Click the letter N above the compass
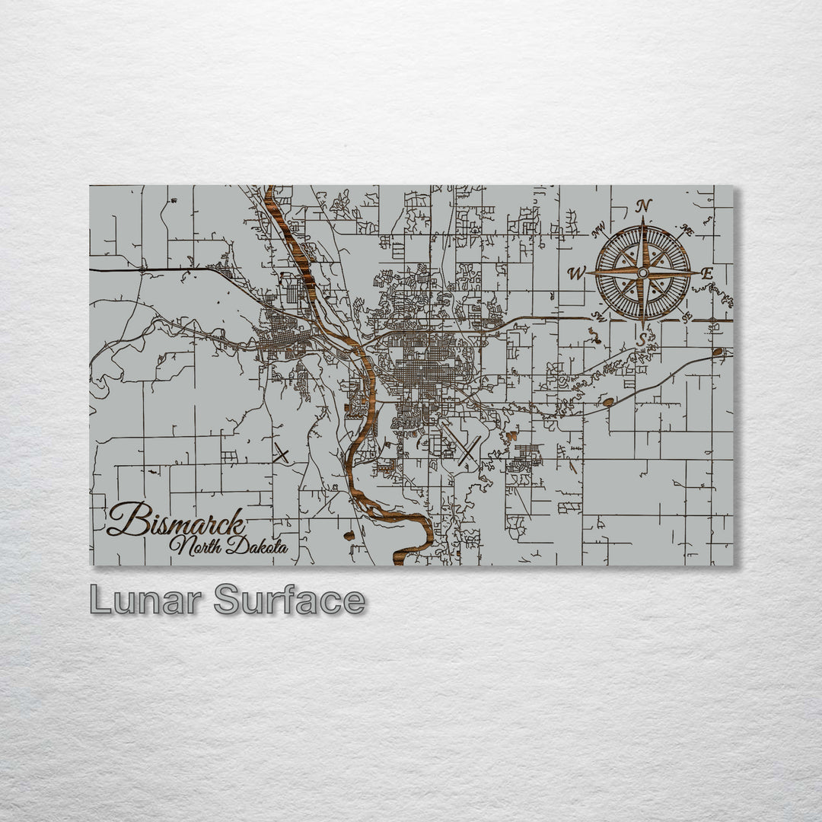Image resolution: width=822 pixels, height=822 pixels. [x=644, y=205]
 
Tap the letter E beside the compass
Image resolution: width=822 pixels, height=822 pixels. [x=706, y=272]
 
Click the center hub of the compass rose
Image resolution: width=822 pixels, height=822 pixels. [x=643, y=272]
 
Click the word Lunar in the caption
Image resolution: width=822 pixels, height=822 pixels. [x=146, y=601]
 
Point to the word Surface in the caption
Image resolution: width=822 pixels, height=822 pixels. [x=289, y=601]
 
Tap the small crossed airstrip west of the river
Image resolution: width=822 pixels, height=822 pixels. [x=281, y=454]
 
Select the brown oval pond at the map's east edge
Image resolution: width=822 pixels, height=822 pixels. [x=718, y=352]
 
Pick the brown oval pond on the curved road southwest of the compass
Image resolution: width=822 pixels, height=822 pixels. [x=608, y=400]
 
